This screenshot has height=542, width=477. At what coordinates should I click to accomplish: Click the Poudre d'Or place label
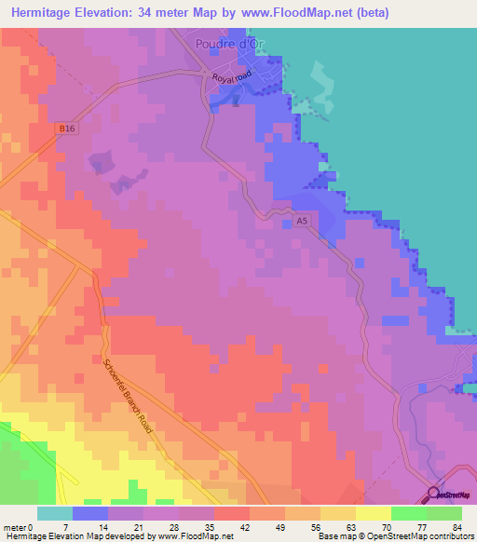(233, 44)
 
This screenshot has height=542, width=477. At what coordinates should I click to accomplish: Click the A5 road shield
(301, 221)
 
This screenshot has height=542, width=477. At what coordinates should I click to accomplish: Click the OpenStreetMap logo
(451, 495)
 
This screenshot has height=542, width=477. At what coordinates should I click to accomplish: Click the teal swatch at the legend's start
(55, 513)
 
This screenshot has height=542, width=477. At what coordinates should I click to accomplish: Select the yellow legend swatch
(373, 513)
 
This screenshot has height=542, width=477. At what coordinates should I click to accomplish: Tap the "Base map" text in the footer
(334, 536)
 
